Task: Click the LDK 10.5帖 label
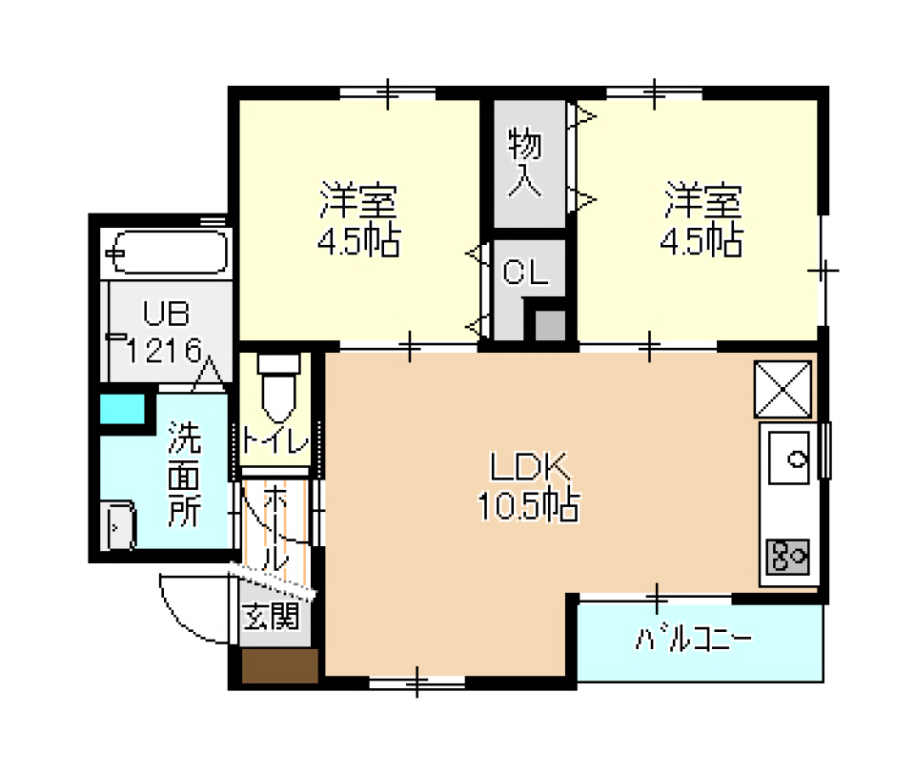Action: [530, 486]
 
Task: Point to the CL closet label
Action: [526, 274]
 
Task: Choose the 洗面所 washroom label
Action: [184, 474]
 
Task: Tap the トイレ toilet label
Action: [274, 441]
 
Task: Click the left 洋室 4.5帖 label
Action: [357, 221]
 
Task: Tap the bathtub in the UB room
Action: [168, 254]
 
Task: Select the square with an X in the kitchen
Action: [783, 389]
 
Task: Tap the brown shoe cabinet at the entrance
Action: [278, 666]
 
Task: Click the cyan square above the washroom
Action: [123, 408]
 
